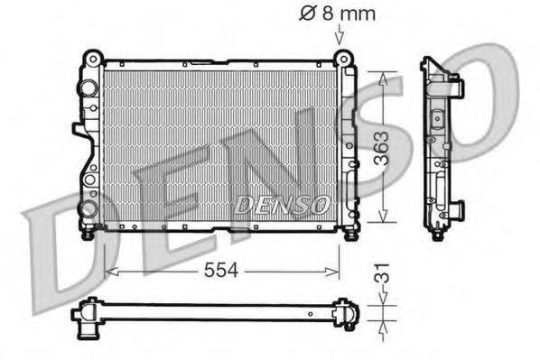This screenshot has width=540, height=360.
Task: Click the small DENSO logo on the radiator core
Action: point(282,205)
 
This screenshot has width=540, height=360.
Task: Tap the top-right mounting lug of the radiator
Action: point(342,59)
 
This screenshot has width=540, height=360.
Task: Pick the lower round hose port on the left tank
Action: point(87,208)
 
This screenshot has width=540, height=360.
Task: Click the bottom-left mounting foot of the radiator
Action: point(88,234)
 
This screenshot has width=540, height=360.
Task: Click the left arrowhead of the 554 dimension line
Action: point(110,271)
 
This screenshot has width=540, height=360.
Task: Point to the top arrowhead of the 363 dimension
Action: point(385,78)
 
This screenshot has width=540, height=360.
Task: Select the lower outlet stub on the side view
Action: point(458,209)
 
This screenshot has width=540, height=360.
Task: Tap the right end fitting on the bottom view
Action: point(348,313)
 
